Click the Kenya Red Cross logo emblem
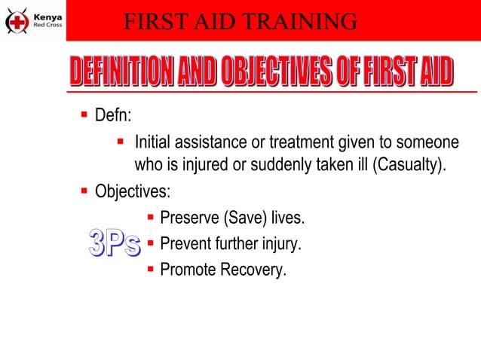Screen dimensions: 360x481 (x=17, y=20)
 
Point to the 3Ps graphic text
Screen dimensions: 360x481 (x=114, y=243)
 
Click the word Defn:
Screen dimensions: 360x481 (x=113, y=117)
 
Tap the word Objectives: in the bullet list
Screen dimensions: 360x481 (x=132, y=191)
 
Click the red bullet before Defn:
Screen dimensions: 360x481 (x=84, y=116)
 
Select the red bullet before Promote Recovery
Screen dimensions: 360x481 (x=151, y=268)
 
